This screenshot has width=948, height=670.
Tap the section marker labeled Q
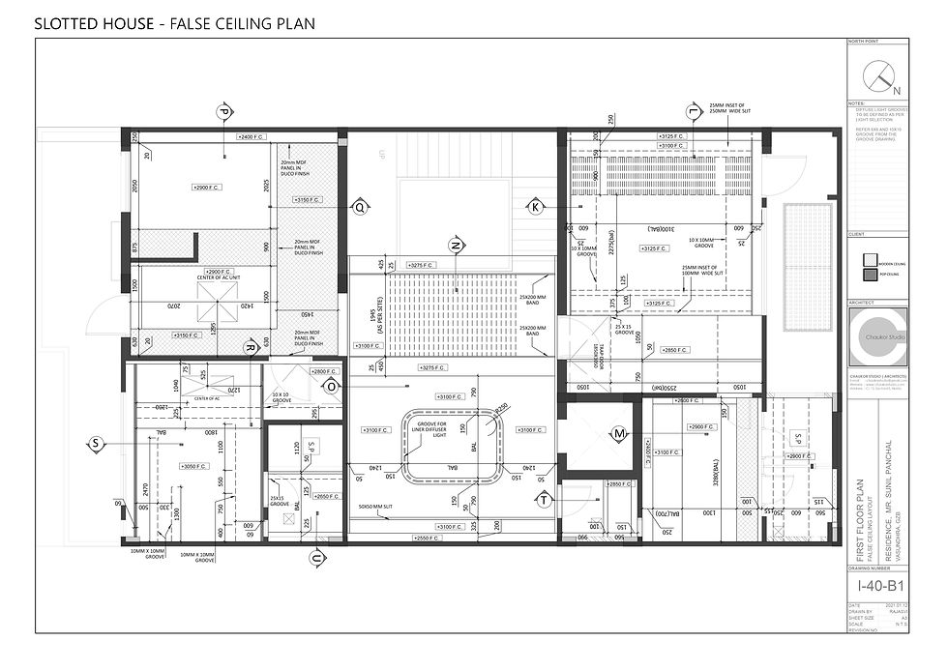(x=360, y=206)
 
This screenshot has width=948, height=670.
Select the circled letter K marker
(x=535, y=206)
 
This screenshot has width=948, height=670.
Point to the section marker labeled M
(x=619, y=434)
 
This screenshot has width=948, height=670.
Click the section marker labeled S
(x=96, y=444)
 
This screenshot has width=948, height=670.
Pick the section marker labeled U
(x=315, y=559)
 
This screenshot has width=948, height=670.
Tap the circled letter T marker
(x=545, y=499)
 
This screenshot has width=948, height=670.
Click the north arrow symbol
(x=877, y=74)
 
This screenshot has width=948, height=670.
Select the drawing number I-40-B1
(x=881, y=586)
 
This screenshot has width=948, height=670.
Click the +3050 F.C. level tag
(x=195, y=466)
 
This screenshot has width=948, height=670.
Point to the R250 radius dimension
(x=500, y=408)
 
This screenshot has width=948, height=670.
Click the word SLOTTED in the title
(x=68, y=22)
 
